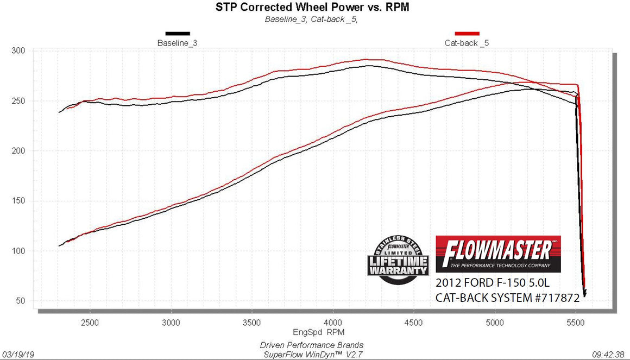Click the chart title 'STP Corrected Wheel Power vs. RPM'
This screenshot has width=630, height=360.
click(314, 8)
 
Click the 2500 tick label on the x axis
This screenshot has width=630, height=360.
click(90, 322)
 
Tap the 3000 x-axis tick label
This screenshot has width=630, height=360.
click(171, 322)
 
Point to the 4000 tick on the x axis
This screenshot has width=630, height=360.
click(333, 322)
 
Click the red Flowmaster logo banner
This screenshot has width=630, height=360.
click(498, 254)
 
